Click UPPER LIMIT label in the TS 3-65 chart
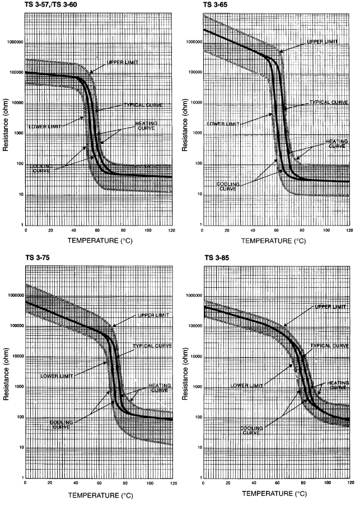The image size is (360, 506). (324, 41)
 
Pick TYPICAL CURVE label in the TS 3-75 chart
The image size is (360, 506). (151, 345)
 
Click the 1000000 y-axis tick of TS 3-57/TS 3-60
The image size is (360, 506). (13, 42)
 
